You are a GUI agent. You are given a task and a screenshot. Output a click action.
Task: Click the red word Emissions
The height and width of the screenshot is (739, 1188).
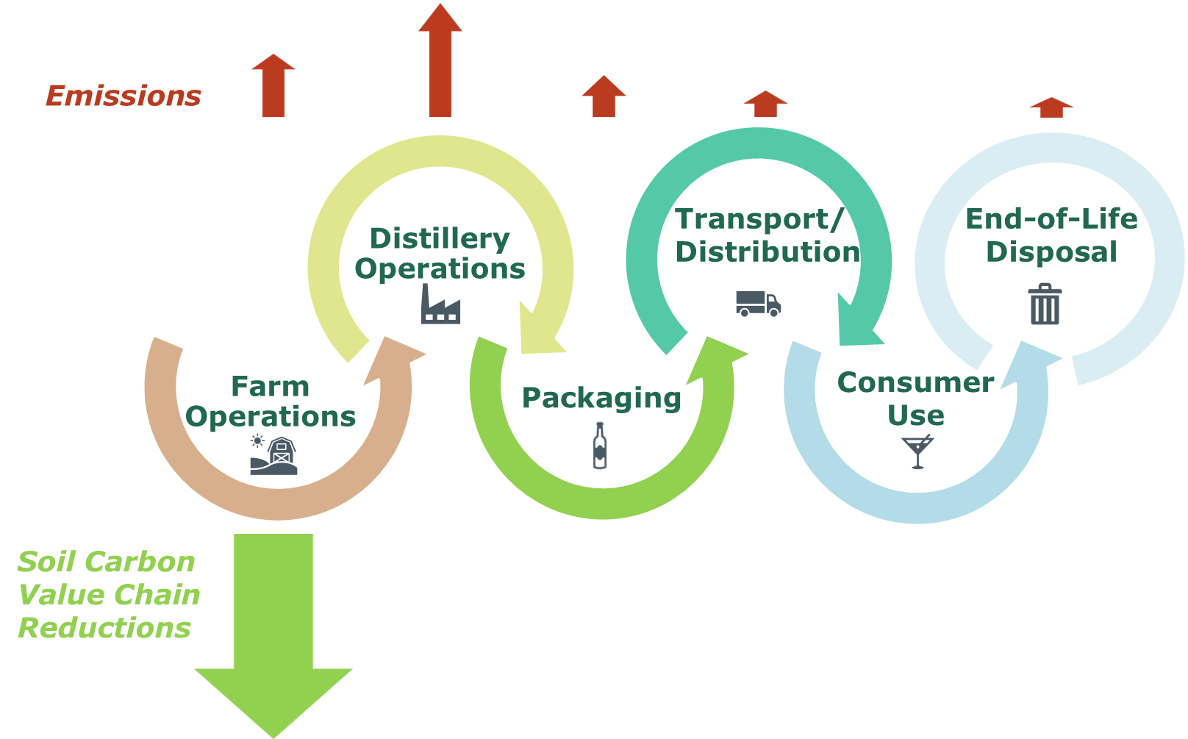coord(124,96)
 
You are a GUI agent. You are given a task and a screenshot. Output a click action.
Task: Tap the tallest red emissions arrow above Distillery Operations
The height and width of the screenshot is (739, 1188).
coord(440,60)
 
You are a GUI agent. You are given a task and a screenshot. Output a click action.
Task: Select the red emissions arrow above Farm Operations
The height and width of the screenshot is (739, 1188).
coord(273,85)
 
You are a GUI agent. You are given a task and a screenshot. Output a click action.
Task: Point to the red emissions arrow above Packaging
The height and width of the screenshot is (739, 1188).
coord(604,96)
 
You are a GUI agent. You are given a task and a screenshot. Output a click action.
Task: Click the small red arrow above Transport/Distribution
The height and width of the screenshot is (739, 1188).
coord(765,104)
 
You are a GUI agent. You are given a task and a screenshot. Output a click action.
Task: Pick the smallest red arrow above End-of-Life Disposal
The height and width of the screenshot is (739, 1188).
coord(1051,107)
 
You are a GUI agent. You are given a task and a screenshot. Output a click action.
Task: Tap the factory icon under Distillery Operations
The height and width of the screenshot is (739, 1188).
coord(441,304)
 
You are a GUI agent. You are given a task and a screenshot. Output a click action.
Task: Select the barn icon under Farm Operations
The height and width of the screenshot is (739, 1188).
coord(273,454)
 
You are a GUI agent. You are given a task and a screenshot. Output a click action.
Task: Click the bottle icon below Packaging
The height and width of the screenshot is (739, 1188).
coord(600,446)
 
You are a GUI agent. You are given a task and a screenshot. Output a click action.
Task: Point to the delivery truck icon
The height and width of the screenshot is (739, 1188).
coord(759,304)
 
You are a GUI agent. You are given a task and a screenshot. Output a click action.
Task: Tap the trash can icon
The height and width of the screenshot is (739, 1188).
coord(1045,304)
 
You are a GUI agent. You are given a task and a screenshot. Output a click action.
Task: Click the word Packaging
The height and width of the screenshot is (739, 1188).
coord(601,398)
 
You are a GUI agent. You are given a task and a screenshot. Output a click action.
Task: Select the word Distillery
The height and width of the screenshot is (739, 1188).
coord(440,239)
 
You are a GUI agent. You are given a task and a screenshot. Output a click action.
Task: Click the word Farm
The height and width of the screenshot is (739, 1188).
coord(271,386)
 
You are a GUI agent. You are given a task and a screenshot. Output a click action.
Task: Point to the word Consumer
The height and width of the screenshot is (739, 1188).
coord(916,382)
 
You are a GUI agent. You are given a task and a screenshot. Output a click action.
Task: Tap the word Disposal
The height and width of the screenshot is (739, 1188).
coord(1052,251)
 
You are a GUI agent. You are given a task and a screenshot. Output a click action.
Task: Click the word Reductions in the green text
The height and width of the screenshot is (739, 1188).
coord(104,627)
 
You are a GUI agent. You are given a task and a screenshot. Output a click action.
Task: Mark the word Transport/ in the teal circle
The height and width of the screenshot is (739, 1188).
coord(759,219)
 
